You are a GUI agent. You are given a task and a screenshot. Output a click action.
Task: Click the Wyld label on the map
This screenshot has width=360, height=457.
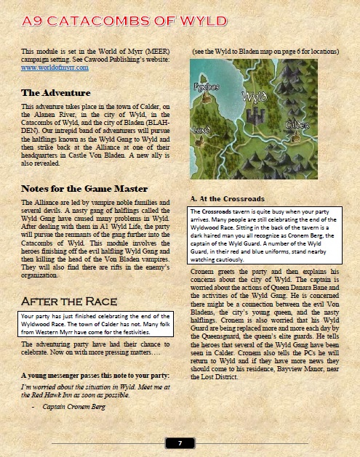coord(252,96)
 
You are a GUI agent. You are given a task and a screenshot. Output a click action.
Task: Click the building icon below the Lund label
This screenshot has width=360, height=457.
coord(201,144)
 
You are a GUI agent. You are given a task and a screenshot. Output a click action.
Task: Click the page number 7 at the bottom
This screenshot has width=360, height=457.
coord(180,442)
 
